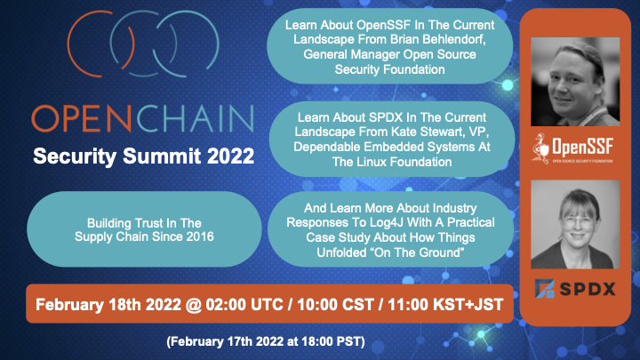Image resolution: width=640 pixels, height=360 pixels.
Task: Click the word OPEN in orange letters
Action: point(81,118)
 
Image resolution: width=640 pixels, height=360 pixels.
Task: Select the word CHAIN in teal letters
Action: point(195,118)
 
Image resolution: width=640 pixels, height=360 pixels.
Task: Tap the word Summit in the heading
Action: point(162,156)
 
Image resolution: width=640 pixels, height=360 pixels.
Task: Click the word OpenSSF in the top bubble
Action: point(384,25)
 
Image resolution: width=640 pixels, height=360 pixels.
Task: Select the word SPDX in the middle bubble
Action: point(386,117)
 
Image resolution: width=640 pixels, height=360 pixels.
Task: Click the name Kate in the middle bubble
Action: point(404,132)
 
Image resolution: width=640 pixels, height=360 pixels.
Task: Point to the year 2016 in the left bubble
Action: point(200,236)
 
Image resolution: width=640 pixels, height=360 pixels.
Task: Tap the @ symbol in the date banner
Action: point(194,305)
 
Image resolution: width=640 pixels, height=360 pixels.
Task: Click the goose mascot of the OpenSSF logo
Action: point(541,148)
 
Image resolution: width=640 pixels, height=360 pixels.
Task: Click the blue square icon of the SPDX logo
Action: point(545,289)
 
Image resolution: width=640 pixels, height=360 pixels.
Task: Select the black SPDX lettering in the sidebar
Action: point(588,290)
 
